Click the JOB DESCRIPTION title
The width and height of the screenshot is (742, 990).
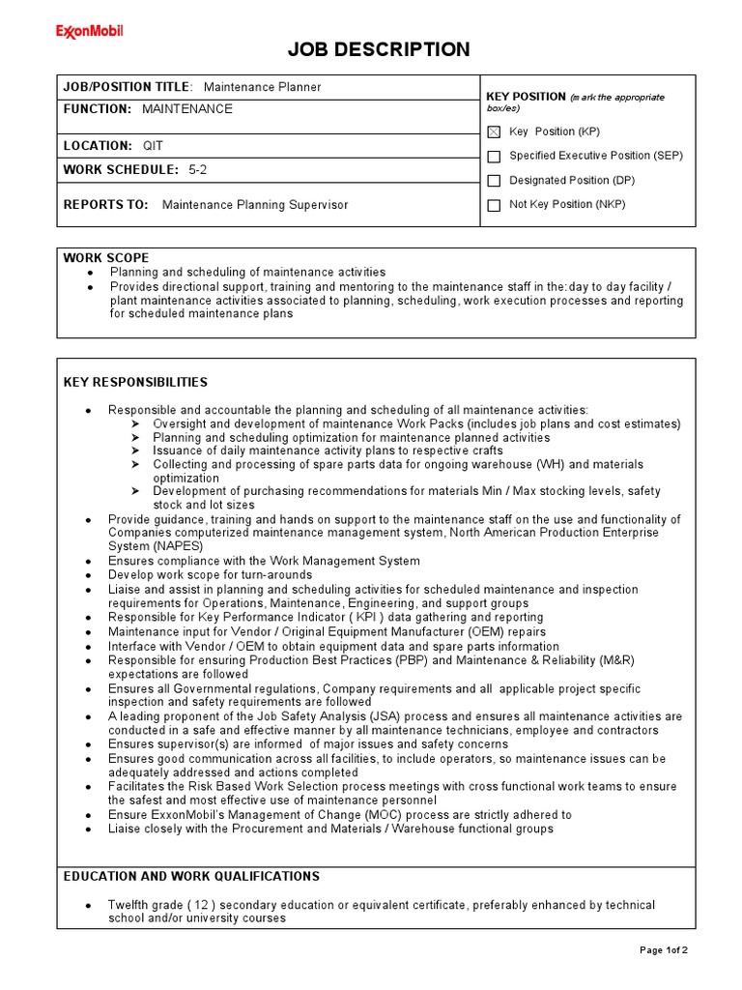(380, 49)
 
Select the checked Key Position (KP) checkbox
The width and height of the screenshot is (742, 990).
(494, 131)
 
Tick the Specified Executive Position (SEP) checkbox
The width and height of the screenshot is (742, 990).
(494, 156)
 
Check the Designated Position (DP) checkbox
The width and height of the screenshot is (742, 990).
(494, 181)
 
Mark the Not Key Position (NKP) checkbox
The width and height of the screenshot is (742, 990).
(494, 205)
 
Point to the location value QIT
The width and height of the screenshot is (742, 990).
(153, 145)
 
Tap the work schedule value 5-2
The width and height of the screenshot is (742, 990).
(198, 169)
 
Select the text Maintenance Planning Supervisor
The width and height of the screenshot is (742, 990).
(255, 205)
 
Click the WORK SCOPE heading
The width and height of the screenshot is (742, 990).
(106, 258)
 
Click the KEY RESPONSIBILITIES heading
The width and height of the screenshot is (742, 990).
(135, 383)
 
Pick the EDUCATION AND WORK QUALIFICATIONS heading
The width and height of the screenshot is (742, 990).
(191, 876)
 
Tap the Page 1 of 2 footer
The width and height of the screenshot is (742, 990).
(664, 949)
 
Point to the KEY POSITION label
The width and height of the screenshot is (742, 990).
(526, 97)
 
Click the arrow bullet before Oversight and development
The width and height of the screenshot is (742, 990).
(134, 424)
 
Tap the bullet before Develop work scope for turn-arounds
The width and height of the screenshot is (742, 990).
(88, 575)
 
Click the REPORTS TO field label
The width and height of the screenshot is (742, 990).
(106, 205)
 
